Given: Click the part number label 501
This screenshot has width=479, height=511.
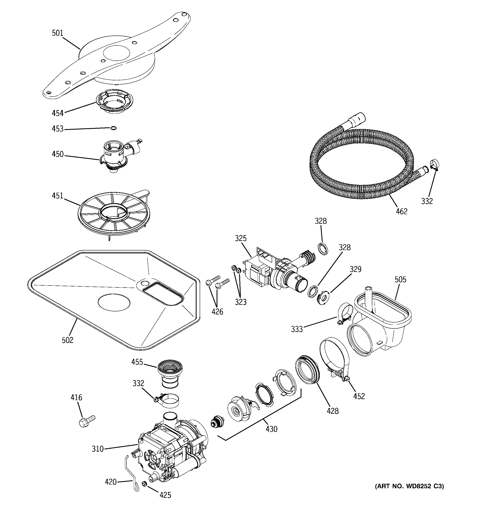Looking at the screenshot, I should (57, 33).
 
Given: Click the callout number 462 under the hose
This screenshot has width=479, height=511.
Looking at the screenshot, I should (401, 211).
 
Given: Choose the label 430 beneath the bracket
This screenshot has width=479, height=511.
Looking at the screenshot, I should (271, 429).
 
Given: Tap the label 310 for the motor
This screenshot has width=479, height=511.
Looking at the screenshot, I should (97, 449).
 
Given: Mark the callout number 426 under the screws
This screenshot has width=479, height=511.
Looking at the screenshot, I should (217, 312).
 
